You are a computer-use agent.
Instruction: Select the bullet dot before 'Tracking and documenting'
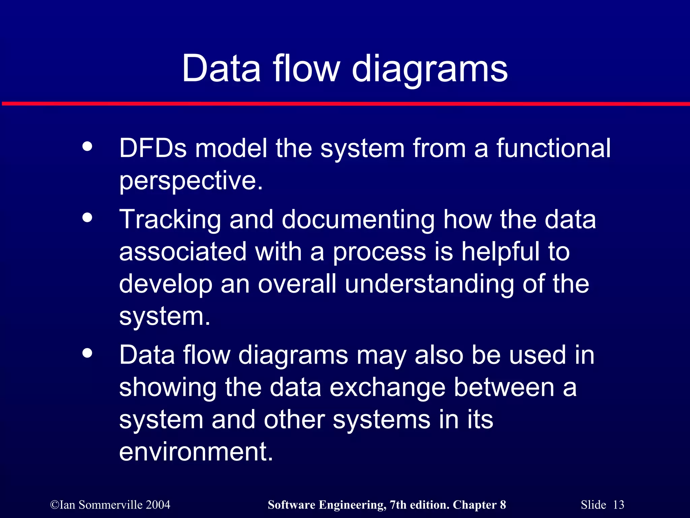[x=87, y=218]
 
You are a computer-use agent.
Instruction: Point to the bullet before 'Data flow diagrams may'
[x=87, y=353]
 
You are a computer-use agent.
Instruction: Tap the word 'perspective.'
[x=191, y=181]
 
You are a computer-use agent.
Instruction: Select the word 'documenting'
[x=358, y=220]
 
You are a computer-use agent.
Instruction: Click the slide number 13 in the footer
[x=618, y=505]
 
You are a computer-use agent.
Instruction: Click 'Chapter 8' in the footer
[x=479, y=505]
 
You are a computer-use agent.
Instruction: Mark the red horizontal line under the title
[x=345, y=104]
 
